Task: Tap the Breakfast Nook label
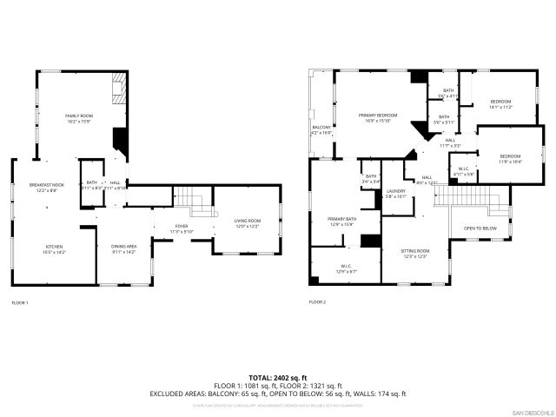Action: coord(46,188)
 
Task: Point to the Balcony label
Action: coord(321,130)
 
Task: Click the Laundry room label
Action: coord(396,193)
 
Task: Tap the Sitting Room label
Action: coord(414,253)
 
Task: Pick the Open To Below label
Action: coord(480,228)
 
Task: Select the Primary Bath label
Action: coord(341,222)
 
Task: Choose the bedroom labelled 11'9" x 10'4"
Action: coord(510,159)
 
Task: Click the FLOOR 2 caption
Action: coord(317,301)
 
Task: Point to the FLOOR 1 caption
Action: coord(19,302)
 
